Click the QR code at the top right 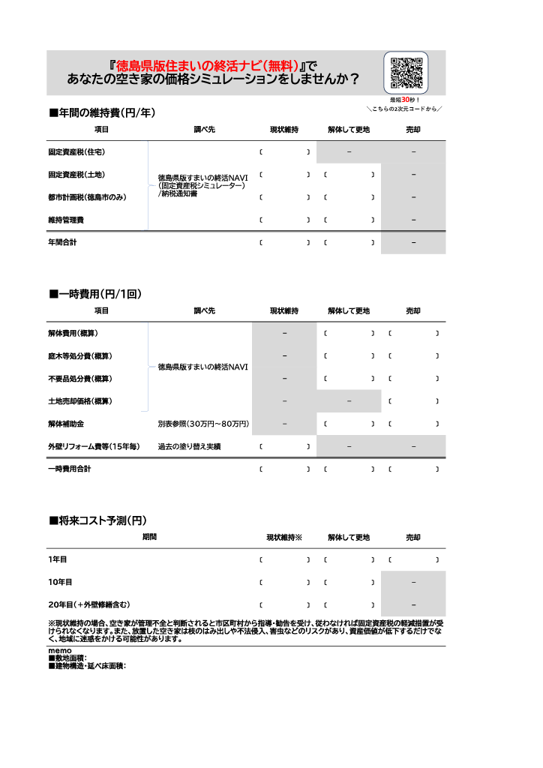(x=406, y=73)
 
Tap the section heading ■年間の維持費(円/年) (x=102, y=113)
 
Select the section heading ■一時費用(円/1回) (x=95, y=294)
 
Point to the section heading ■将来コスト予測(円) (x=97, y=520)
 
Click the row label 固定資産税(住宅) (x=76, y=152)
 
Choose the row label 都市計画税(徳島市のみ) (x=87, y=197)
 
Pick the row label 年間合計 (x=62, y=242)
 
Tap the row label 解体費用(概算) (x=73, y=333)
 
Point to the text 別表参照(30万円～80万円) (x=203, y=424)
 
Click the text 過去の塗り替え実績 (x=189, y=446)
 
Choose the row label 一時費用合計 (x=69, y=469)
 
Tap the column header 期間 (x=150, y=537)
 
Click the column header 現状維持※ (x=284, y=538)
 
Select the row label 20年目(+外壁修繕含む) (x=88, y=604)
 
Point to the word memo (x=59, y=650)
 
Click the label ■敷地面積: (x=67, y=658)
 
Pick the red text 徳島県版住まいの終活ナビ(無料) (x=208, y=64)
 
